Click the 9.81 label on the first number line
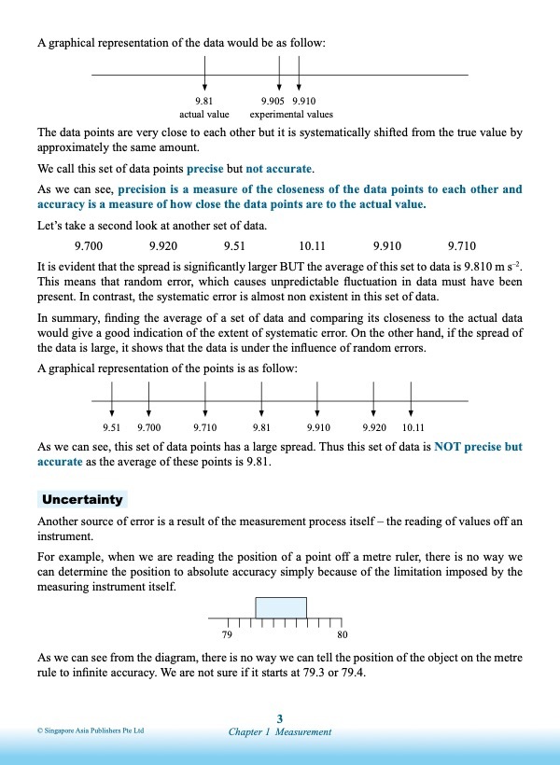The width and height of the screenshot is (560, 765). [x=204, y=101]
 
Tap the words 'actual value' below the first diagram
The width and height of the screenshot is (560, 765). [x=204, y=114]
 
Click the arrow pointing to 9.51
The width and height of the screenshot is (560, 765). [x=112, y=397]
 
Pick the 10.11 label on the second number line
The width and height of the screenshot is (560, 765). [x=413, y=427]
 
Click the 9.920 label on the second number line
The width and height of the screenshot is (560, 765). [x=374, y=427]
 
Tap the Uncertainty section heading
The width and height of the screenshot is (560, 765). [x=82, y=500]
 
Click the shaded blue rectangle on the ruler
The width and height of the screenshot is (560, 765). [x=281, y=608]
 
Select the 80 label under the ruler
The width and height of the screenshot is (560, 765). [x=343, y=635]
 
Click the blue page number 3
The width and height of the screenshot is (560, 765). [x=280, y=717]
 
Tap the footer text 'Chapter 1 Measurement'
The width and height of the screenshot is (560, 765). [x=280, y=732]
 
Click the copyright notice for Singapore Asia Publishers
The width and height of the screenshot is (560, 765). [x=91, y=731]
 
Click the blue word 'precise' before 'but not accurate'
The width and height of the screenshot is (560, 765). [x=205, y=169]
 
